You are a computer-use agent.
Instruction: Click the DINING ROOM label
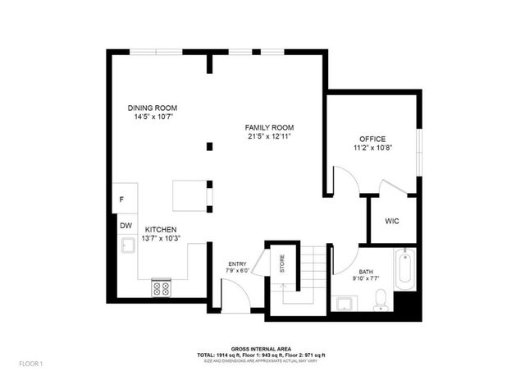coord(153,108)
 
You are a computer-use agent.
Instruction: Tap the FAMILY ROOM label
coord(269,127)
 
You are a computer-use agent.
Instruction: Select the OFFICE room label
coord(372,139)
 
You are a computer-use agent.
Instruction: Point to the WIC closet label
coord(392,221)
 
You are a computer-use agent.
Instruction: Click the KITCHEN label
coord(161,229)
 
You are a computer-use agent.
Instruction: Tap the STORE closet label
coord(282,264)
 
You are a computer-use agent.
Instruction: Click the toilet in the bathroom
coord(380,304)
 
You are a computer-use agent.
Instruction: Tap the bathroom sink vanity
coord(344,304)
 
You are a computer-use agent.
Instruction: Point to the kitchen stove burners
coord(161,288)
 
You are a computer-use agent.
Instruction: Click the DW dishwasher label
coord(126,225)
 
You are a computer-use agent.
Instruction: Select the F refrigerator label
coord(122,199)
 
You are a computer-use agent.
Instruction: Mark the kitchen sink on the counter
coord(128,245)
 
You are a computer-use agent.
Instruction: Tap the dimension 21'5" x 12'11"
coord(269,136)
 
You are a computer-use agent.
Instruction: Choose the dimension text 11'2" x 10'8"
coord(372,149)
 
